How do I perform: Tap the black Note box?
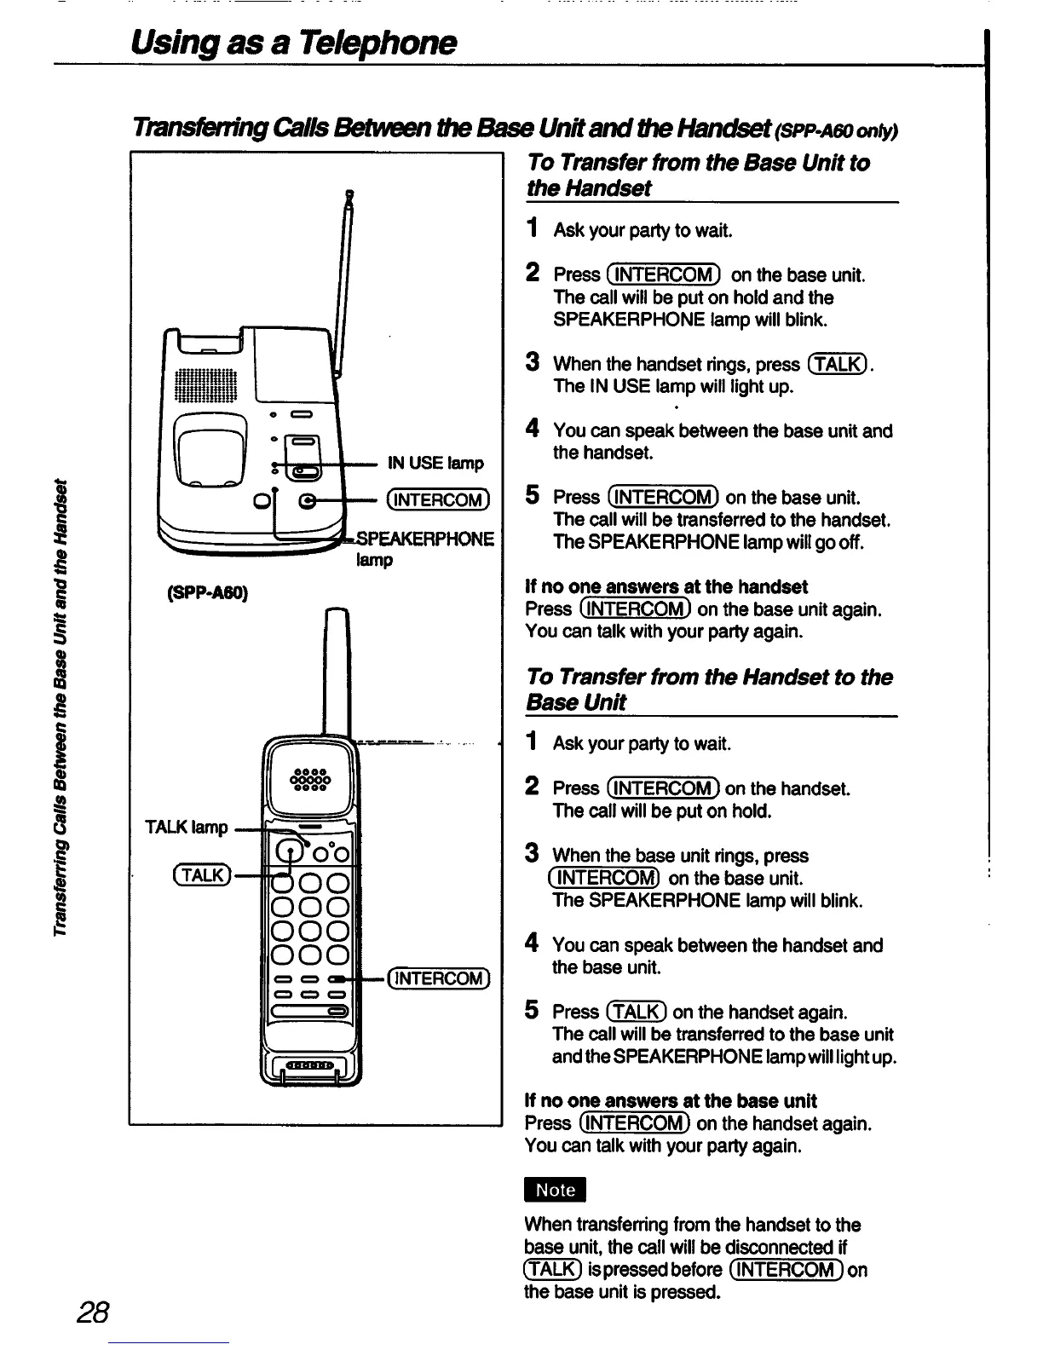[556, 1191]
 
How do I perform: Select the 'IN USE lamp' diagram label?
[435, 463]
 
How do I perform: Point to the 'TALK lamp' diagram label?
[187, 828]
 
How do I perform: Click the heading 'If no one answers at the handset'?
[666, 586]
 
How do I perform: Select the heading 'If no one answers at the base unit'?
[671, 1100]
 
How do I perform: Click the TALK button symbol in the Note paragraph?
[551, 1269]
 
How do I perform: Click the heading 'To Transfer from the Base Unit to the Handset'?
[697, 175]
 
